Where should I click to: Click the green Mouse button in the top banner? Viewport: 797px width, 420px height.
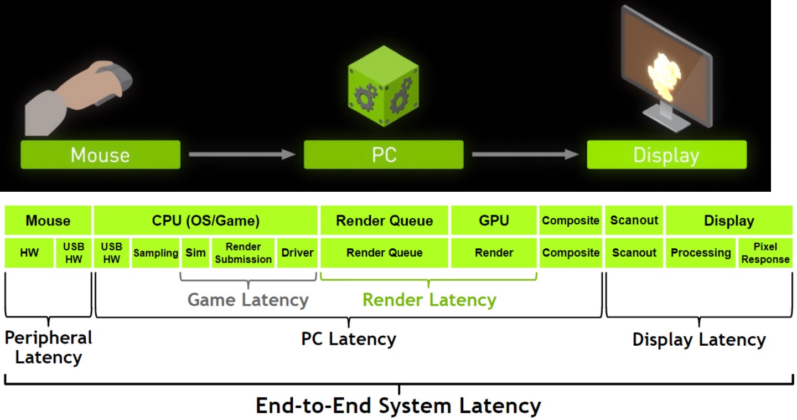[100, 155]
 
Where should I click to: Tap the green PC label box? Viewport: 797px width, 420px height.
[384, 155]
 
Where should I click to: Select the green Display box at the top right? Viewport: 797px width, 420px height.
[666, 155]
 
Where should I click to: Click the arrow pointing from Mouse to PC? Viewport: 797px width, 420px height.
[242, 155]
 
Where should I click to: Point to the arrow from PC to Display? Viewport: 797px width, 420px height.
[525, 155]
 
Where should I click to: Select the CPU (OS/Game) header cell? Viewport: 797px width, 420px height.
[205, 221]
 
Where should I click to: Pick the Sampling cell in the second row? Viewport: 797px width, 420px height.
[156, 253]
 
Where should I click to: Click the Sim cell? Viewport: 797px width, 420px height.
[195, 253]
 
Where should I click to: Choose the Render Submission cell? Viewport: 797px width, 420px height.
[243, 253]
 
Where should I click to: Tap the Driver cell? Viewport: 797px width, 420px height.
[297, 253]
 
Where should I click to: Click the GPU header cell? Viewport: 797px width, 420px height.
[494, 221]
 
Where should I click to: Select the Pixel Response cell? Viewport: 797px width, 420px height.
[766, 253]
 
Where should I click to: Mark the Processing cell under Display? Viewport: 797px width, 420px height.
[701, 253]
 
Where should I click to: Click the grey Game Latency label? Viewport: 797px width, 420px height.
[247, 300]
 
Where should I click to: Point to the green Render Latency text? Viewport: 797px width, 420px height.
[429, 300]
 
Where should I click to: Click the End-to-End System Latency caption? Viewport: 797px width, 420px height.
[398, 406]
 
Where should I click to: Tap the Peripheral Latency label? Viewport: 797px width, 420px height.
[49, 347]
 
